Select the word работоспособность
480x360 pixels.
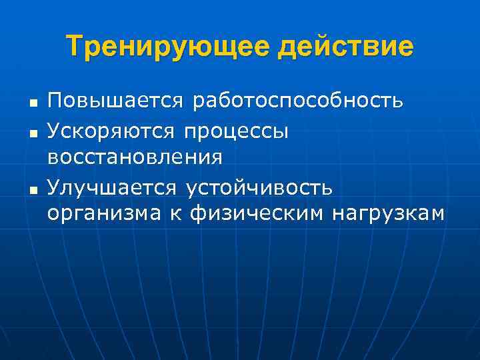pyautogui.click(x=297, y=101)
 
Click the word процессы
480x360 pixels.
pyautogui.click(x=239, y=131)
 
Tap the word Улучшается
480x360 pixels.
pyautogui.click(x=113, y=187)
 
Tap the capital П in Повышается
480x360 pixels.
pyautogui.click(x=54, y=101)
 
